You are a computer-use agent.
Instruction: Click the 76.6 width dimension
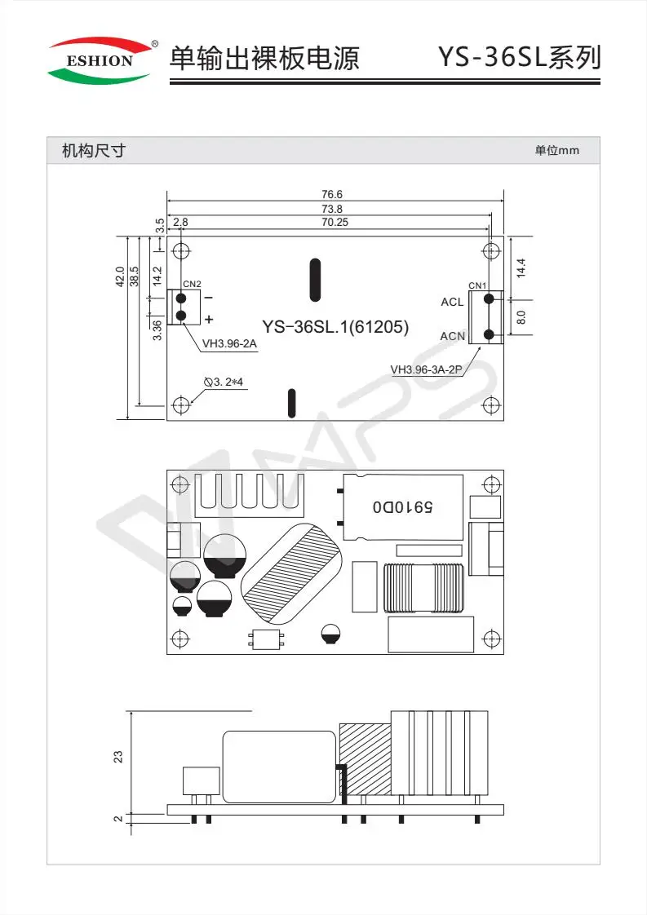pos(332,194)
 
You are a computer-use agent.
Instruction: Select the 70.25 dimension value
pos(335,222)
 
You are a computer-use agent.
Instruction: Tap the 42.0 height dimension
pos(120,276)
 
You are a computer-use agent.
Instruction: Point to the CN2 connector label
pos(192,284)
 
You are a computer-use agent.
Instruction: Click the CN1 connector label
pos(477,285)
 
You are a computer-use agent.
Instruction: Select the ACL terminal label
pos(452,302)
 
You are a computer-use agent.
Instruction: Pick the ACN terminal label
pos(453,336)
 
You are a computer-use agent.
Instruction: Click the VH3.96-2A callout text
pos(229,343)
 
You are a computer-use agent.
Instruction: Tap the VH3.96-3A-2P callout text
pos(426,369)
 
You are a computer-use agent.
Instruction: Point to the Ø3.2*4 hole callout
pos(224,382)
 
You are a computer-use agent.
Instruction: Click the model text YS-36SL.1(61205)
pos(335,327)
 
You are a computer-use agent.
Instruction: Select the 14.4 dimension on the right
pos(521,267)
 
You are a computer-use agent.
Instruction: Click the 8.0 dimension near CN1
pos(521,317)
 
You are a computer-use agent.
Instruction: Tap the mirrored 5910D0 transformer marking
pos(403,506)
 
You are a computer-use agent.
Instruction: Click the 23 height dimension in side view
pos(118,757)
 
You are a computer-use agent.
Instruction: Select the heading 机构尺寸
pos(94,151)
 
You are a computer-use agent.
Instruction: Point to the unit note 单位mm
pos(557,151)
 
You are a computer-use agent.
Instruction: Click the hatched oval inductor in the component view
pos(292,573)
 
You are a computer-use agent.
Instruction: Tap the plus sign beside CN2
pos(209,319)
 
